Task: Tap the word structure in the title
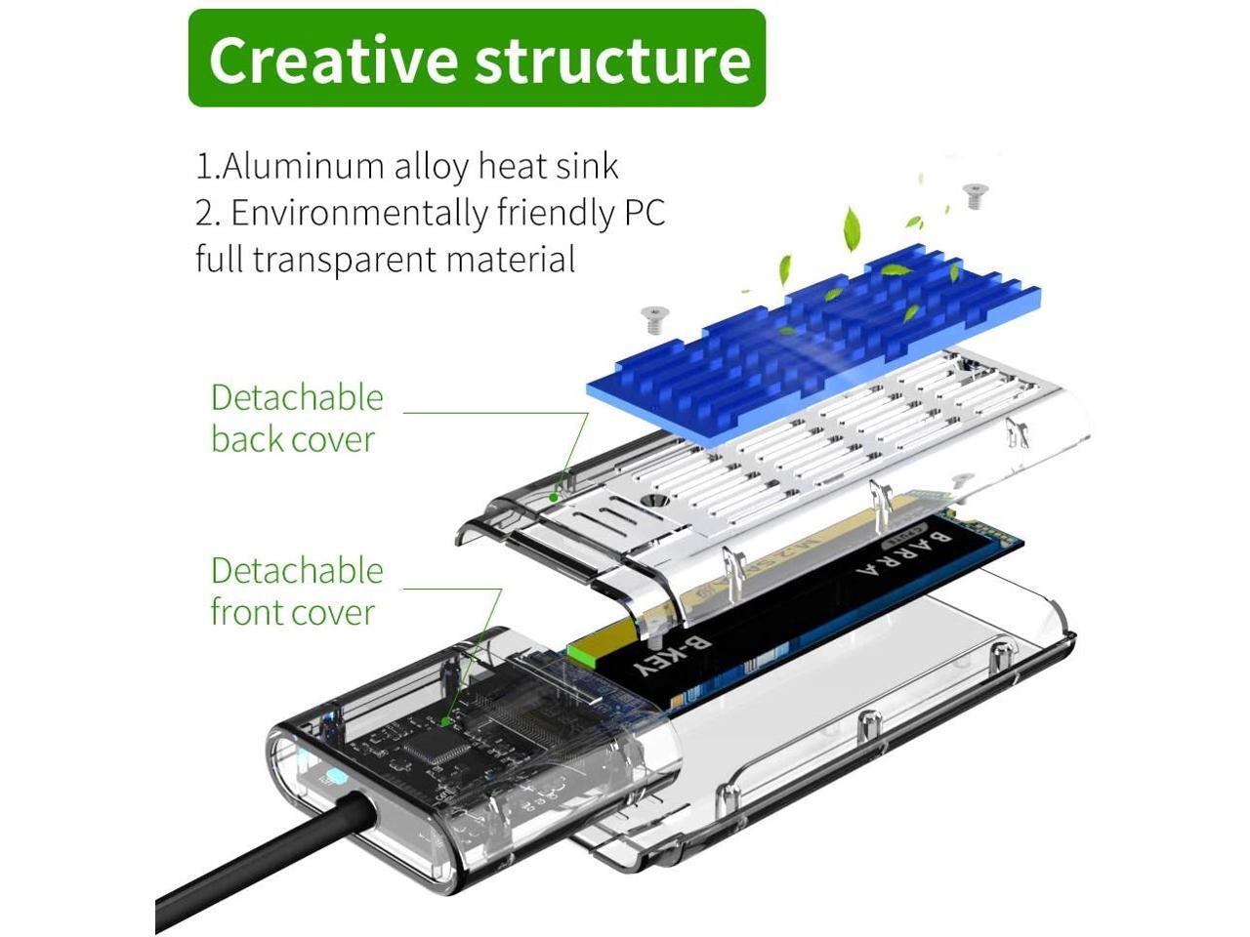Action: coord(613,60)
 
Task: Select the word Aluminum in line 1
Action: coord(303,166)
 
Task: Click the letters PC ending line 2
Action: coord(644,213)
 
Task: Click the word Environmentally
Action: coord(358,213)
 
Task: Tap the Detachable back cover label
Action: coord(297,418)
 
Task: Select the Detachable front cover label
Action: coord(297,591)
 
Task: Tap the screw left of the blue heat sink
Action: coord(651,317)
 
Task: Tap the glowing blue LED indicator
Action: coord(334,778)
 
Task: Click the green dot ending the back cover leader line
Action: coord(553,496)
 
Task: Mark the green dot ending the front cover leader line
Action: coord(445,721)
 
